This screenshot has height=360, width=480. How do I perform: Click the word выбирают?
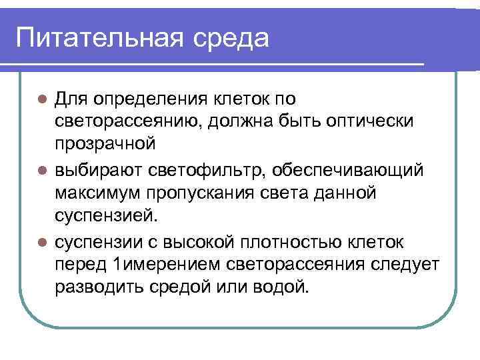click(94, 171)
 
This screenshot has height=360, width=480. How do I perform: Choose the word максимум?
click(96, 194)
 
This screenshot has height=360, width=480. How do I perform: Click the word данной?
click(344, 194)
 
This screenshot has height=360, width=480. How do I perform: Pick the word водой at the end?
click(285, 288)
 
